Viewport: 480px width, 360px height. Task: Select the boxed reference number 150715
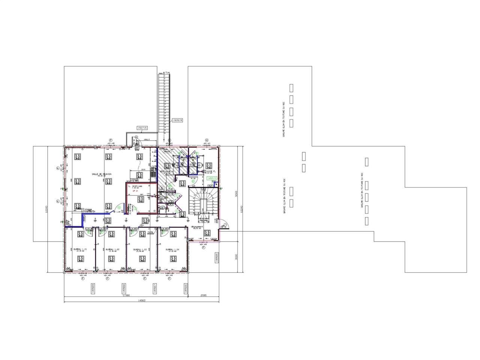coord(142,128)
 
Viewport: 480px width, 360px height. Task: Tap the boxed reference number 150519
coord(177,120)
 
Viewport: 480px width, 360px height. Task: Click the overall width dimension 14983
coord(142,300)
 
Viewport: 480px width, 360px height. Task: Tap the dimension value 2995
coord(203,295)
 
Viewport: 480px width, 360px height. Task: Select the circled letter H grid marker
coord(206,140)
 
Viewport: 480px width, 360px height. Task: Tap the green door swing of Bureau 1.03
coord(132,232)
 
